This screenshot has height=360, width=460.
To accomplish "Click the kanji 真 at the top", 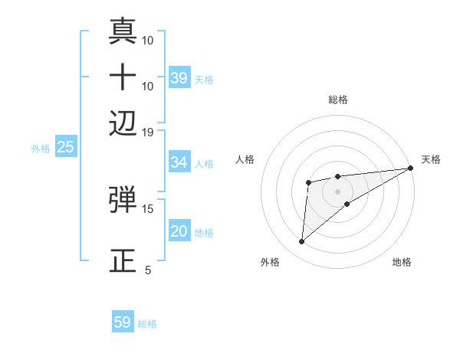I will (123, 31).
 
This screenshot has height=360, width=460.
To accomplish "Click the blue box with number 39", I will (179, 78).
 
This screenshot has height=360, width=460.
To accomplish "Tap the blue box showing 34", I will (179, 162).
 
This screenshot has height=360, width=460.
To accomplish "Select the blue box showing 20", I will (179, 232).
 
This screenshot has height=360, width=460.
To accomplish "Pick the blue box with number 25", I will (66, 147).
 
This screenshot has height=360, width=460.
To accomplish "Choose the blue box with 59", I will (123, 322).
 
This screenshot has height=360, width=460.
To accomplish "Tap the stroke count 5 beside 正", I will (148, 270).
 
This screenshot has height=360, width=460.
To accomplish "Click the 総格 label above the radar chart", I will (337, 100).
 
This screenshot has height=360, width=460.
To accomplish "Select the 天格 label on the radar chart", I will (431, 159).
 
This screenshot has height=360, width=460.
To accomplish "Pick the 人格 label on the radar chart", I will (245, 159).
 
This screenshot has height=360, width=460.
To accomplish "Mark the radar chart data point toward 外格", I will (301, 242).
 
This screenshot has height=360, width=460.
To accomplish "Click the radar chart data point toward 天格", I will (412, 168).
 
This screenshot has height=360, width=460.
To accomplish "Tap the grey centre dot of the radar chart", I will (337, 190).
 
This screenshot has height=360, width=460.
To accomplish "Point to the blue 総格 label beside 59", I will (147, 324).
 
